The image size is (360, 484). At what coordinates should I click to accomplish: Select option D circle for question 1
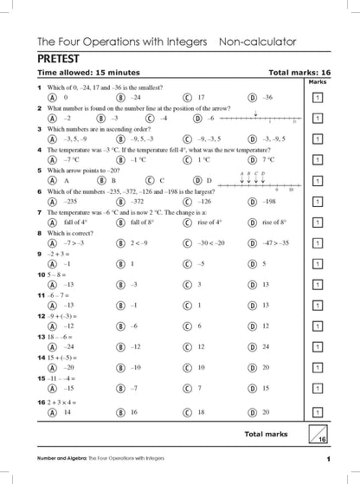[253, 98]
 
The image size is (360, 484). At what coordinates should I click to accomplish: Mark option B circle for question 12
[120, 326]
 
